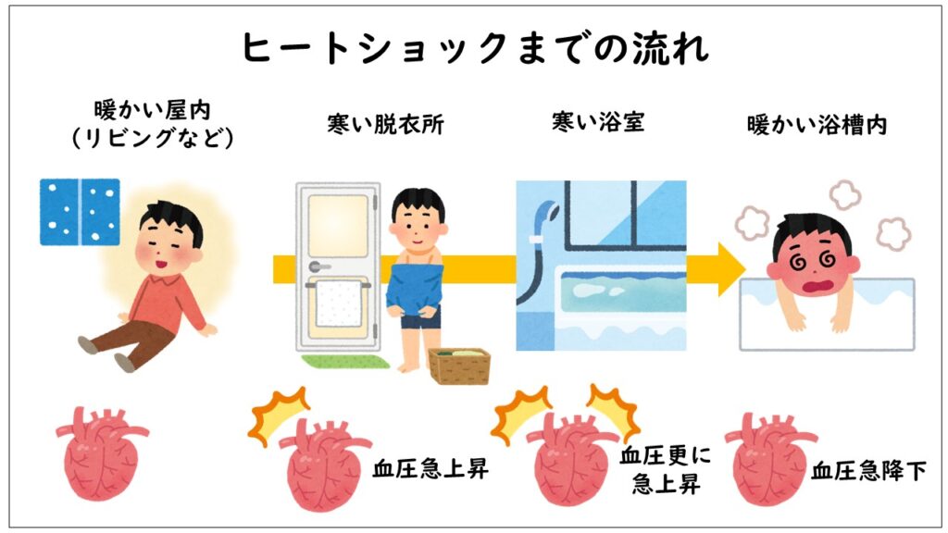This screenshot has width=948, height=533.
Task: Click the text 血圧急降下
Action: [x=868, y=471]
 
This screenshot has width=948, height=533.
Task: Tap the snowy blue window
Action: [x=80, y=212]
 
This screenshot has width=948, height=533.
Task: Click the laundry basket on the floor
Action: [x=458, y=365]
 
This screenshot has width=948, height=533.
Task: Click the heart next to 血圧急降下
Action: [x=766, y=459]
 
